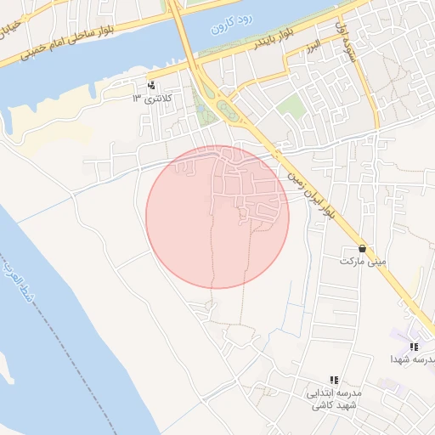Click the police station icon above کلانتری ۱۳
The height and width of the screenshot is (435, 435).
[x=151, y=85]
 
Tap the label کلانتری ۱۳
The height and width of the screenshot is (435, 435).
[x=151, y=99]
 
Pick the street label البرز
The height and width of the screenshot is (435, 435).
[x=314, y=43]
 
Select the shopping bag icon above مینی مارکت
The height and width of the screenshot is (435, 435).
[x=364, y=248]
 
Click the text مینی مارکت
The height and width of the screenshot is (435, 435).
[x=364, y=262]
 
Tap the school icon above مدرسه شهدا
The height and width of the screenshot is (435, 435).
[x=414, y=347]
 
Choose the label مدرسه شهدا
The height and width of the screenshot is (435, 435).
[x=414, y=360]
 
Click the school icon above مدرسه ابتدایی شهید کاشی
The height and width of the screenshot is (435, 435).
[x=334, y=381]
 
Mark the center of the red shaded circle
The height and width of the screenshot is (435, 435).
[x=217, y=217]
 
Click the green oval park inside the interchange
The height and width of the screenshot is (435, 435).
[x=226, y=108]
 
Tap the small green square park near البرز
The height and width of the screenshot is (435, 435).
[x=291, y=106]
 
